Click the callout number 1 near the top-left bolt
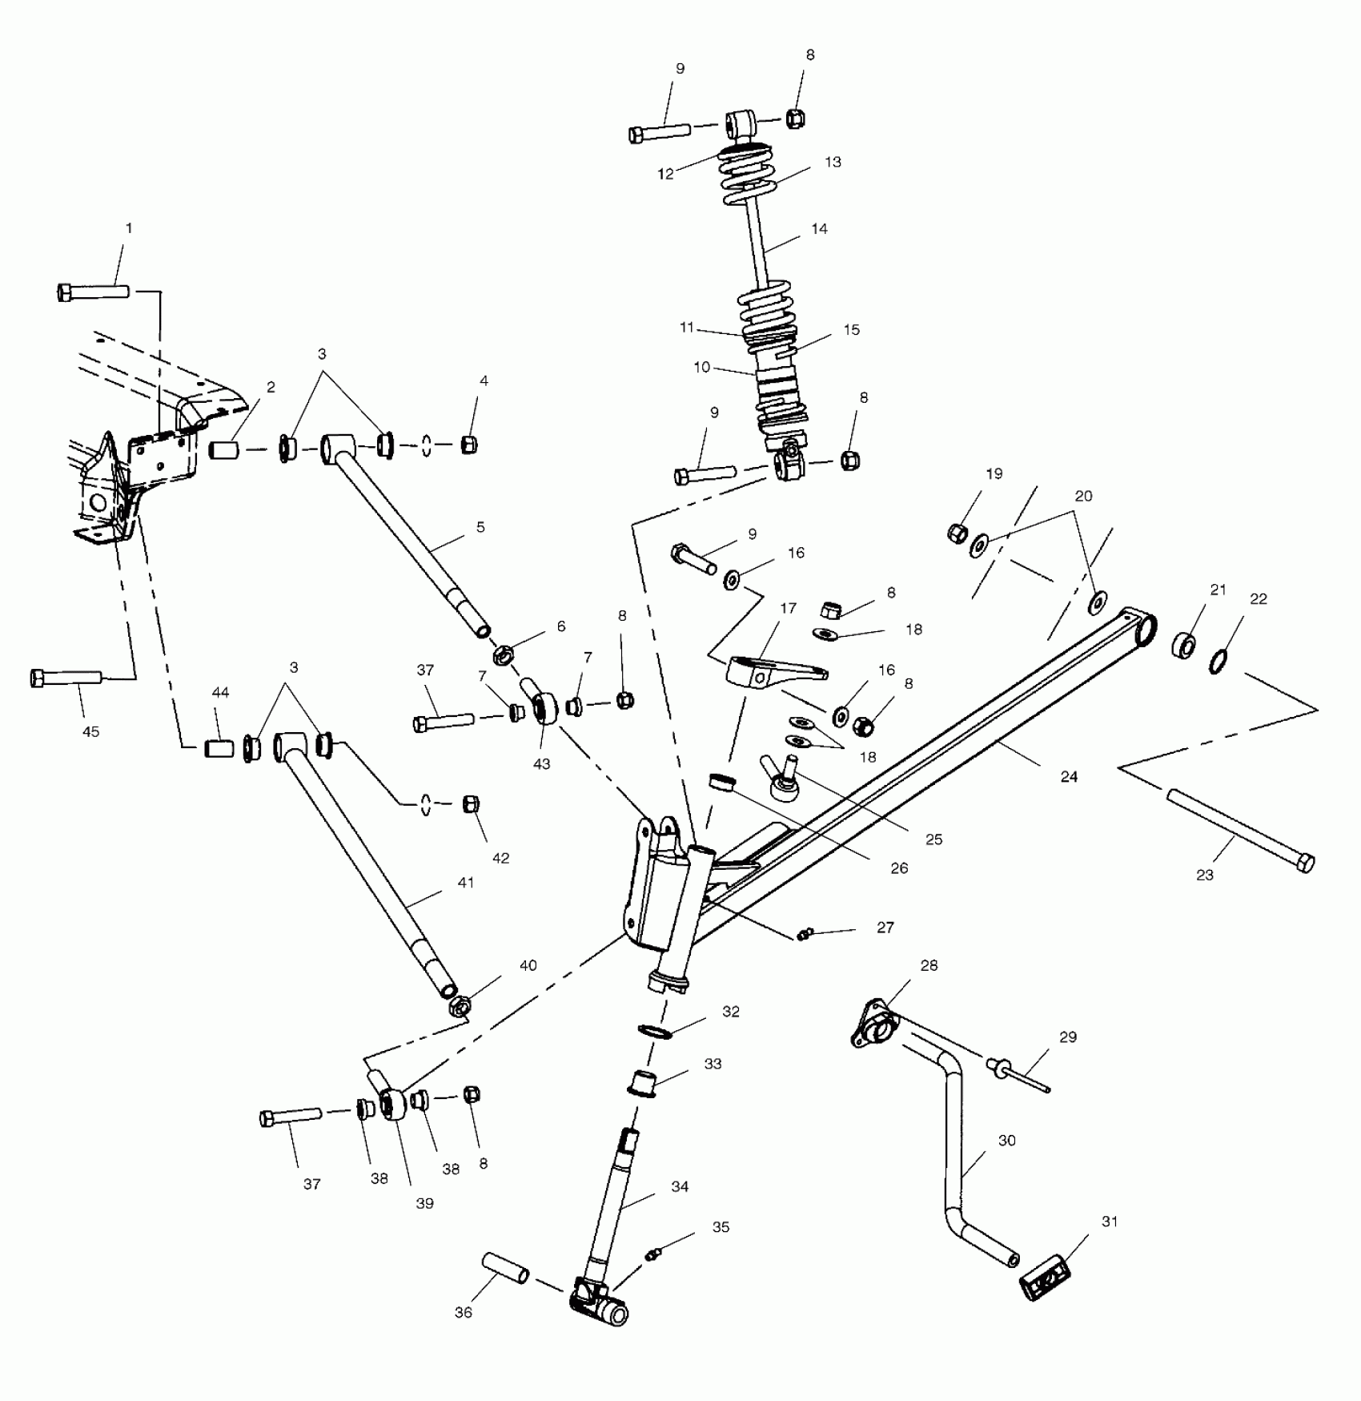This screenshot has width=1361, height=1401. pos(128,228)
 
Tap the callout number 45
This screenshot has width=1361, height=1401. pos(90,731)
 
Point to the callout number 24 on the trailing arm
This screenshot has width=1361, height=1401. pos(1069,776)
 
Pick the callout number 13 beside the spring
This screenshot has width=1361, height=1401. pos(833,162)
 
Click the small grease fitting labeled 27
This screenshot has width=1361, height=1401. pos(805,934)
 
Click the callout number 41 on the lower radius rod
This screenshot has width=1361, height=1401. pos(465,883)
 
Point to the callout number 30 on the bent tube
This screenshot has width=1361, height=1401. pos(1006,1141)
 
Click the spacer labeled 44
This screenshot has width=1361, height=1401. pos(219,749)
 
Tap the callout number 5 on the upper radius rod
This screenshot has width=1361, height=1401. pos(480,527)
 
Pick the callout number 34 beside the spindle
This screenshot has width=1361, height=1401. pos(680,1187)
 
